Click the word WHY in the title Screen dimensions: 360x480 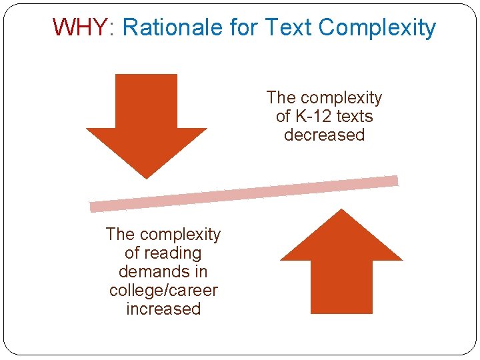(79, 27)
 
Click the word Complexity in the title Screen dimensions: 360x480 (377, 28)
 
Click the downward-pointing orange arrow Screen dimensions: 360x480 (147, 120)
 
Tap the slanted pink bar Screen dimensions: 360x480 (244, 193)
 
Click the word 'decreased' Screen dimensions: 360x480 (324, 135)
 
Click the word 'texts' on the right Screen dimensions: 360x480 (355, 117)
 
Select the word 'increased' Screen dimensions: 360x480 (163, 309)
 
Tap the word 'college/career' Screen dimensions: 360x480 (163, 291)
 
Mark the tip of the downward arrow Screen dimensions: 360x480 (147, 177)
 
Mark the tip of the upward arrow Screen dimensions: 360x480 (341, 211)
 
